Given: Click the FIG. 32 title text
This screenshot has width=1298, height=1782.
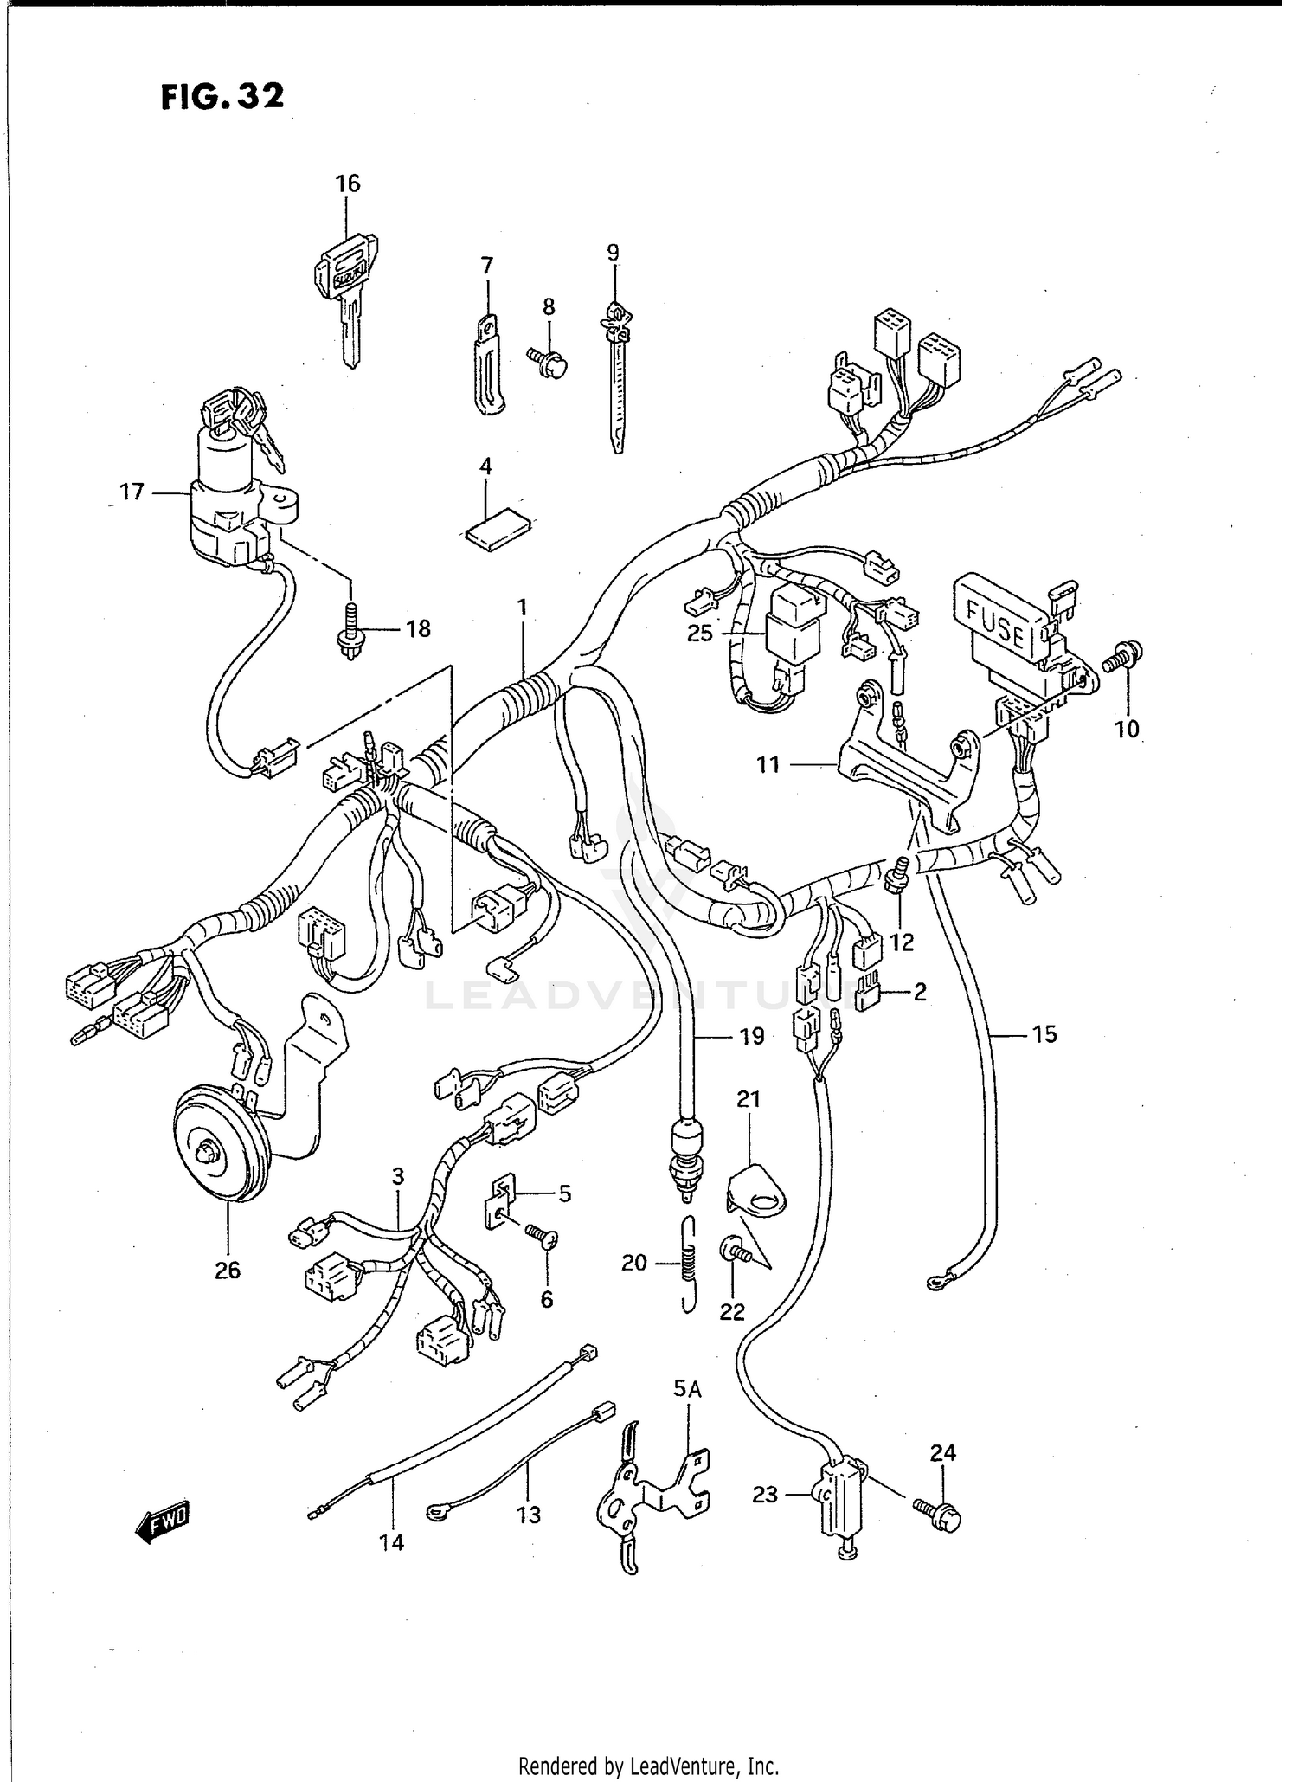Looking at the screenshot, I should [222, 96].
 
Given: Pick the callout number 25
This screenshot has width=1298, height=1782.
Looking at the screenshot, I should [699, 634].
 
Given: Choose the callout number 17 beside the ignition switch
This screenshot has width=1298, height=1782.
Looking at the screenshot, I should [132, 492].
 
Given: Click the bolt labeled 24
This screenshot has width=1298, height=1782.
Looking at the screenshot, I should [938, 1514].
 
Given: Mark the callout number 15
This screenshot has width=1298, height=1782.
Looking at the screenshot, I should [1044, 1034].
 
